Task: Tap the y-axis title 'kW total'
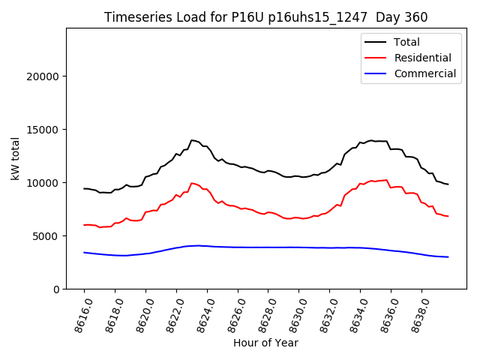click(x=16, y=158)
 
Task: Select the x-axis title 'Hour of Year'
click(x=265, y=343)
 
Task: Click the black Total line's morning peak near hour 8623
click(x=192, y=140)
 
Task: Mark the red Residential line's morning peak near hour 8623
click(x=192, y=183)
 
